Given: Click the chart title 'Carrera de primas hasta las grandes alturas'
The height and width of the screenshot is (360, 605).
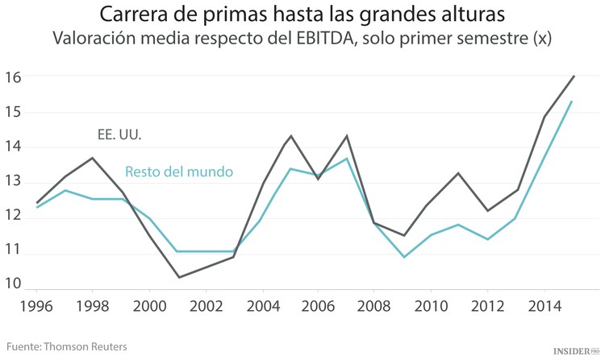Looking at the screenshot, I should point(302,14).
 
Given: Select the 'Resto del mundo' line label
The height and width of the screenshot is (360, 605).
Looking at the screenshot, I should point(178,172).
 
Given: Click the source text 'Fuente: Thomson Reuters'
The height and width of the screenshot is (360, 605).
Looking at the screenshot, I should point(67,346).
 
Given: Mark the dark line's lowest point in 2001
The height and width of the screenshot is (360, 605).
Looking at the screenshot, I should point(178,277).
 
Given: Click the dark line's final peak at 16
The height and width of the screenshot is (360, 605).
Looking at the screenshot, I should point(573,77).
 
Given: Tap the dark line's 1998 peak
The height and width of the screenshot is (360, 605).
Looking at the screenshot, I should point(94,158).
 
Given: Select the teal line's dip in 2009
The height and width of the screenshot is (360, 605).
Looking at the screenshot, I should point(403,257).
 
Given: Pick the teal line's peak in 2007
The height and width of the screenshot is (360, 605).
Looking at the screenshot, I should point(347,158).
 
